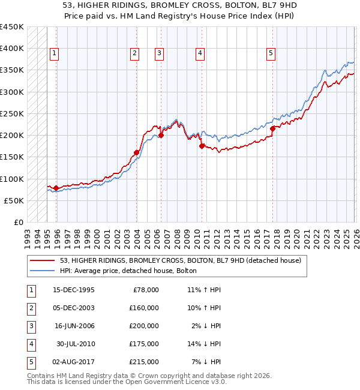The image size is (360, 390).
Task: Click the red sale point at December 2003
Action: click(x=136, y=152)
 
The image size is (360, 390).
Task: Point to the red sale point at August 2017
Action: click(x=272, y=128)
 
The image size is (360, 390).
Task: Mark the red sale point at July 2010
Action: click(x=202, y=146)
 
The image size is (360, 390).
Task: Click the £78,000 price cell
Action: click(x=145, y=290)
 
